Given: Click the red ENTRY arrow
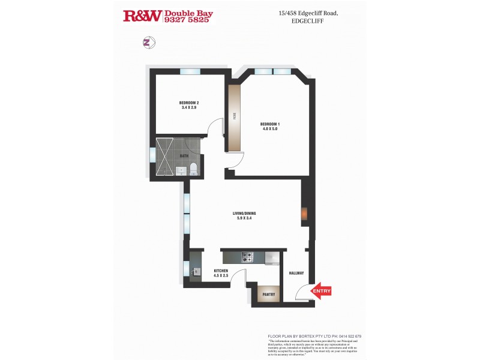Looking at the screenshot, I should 321,291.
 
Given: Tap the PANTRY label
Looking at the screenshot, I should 268,295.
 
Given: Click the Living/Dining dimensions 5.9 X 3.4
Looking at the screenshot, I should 244,218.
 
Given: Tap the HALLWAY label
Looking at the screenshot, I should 296,273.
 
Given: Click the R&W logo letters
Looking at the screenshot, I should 142,16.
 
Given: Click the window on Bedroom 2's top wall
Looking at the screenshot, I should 189,71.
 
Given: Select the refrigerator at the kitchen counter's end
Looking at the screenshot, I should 272,257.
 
